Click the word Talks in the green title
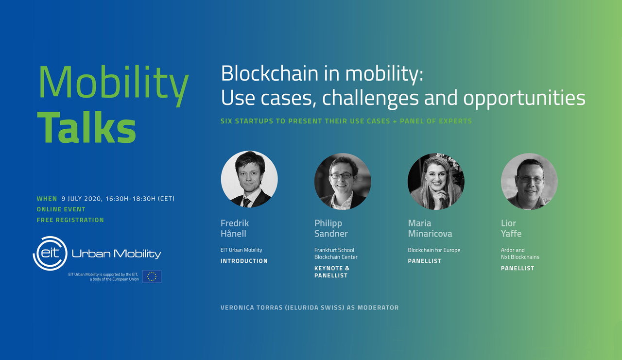click(x=86, y=127)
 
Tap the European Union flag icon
click(x=152, y=276)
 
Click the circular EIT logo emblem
click(x=50, y=254)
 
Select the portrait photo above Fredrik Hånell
click(x=249, y=179)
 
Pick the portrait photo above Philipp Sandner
click(x=343, y=182)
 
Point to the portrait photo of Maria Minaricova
click(x=436, y=182)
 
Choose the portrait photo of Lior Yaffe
click(x=529, y=182)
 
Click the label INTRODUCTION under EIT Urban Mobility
click(x=244, y=261)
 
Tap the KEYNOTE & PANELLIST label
click(x=332, y=272)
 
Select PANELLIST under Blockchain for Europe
click(x=424, y=261)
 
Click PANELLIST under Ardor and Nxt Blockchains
click(x=518, y=268)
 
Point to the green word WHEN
click(x=47, y=199)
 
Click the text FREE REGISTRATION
click(x=70, y=220)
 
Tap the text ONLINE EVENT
click(x=61, y=209)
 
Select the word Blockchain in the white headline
click(x=269, y=73)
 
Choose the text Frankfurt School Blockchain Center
click(x=336, y=254)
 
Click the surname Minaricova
click(x=430, y=234)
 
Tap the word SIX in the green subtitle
click(x=226, y=121)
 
